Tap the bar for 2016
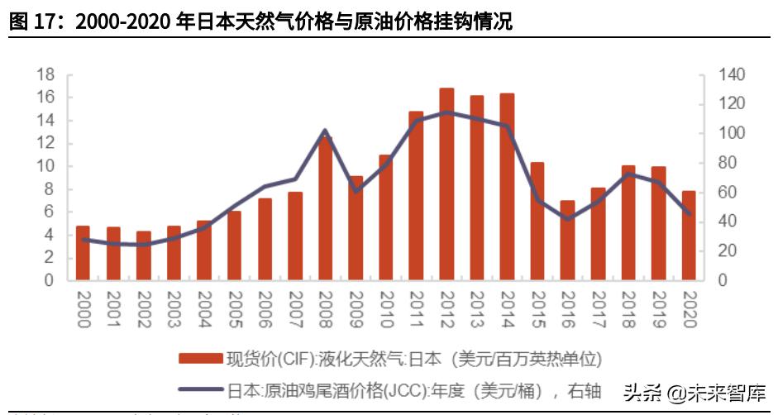567,241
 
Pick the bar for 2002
144,255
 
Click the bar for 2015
537,222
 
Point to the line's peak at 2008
325,131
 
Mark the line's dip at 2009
356,191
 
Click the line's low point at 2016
567,219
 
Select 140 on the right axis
731,74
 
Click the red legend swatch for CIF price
201,359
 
